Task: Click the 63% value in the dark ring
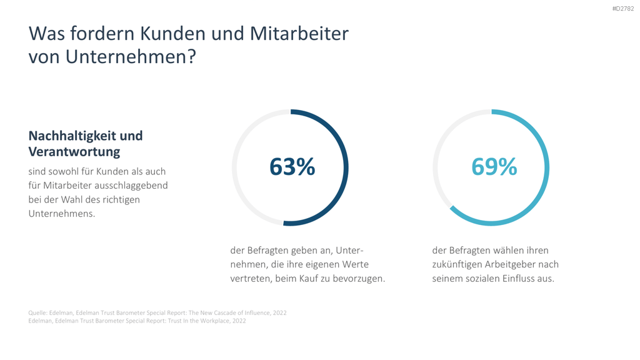pyautogui.click(x=292, y=166)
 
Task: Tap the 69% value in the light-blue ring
pyautogui.click(x=494, y=166)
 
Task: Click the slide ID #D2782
pyautogui.click(x=623, y=9)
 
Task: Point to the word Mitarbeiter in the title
pyautogui.click(x=299, y=34)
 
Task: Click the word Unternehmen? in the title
pyautogui.click(x=131, y=56)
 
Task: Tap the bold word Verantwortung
pyautogui.click(x=74, y=151)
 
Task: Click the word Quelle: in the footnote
pyautogui.click(x=37, y=313)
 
